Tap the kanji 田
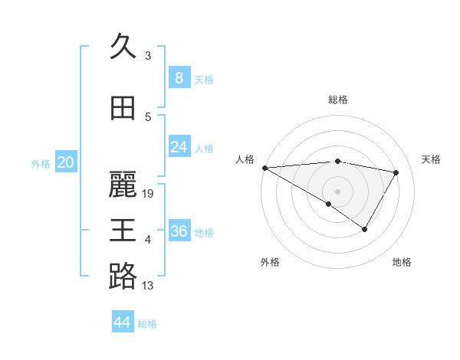[123, 108]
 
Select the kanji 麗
[123, 184]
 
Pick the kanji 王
[123, 230]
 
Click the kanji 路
[123, 276]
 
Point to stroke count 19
[149, 194]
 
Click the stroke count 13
[148, 286]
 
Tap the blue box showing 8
[179, 77]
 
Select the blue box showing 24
[179, 147]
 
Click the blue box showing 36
[179, 231]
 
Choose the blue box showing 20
[66, 162]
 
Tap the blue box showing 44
[122, 322]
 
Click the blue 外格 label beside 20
[40, 163]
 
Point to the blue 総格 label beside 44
[147, 324]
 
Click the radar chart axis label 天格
[432, 159]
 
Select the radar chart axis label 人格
[245, 159]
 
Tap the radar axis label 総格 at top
[338, 100]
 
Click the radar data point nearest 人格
[264, 168]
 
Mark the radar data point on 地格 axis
[365, 229]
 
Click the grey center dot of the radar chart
[337, 191]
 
